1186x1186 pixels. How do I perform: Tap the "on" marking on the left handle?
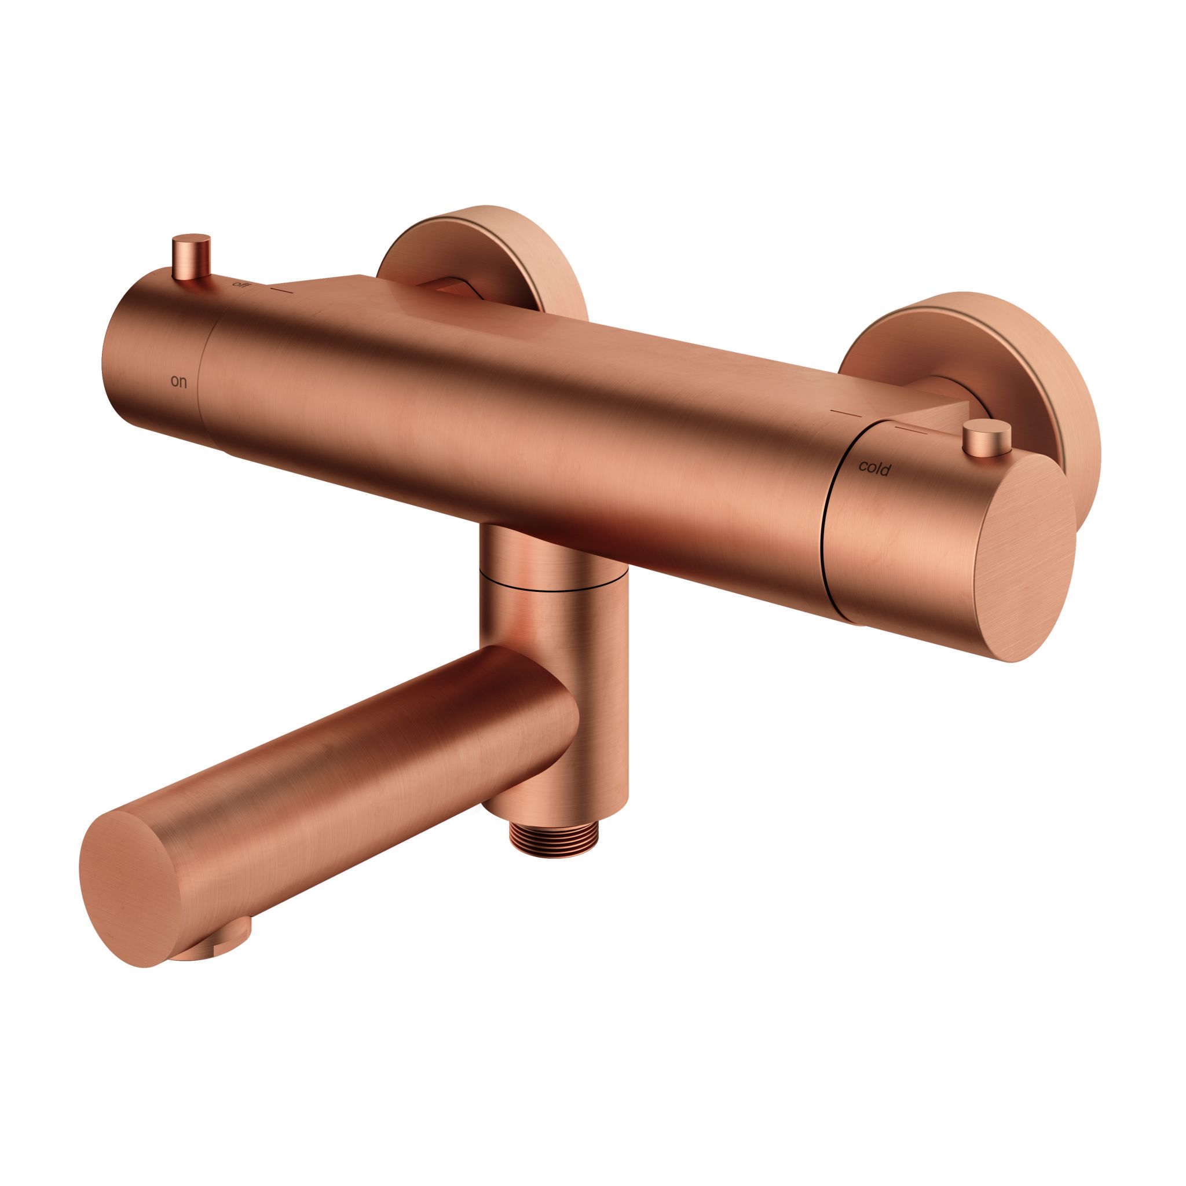[x=178, y=382]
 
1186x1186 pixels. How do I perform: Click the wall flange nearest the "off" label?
[x=485, y=258]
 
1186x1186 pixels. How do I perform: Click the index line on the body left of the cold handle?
[x=846, y=411]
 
